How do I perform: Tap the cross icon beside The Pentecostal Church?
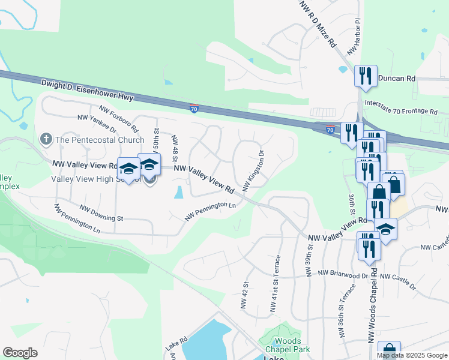click(46, 140)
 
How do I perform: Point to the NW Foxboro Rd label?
click(119, 119)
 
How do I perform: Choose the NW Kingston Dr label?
click(253, 170)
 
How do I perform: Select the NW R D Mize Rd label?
click(318, 24)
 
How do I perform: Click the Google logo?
click(20, 353)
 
